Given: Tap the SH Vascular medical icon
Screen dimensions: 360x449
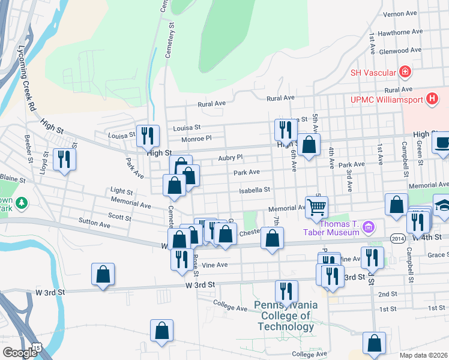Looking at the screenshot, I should click(406, 73).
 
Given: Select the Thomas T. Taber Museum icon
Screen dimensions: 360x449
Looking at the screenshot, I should click(369, 227).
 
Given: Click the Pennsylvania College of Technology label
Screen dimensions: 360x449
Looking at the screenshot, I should click(286, 316).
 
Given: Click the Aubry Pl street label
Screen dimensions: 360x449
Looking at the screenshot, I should click(230, 157).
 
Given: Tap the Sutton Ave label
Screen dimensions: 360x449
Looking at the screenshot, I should click(94, 224).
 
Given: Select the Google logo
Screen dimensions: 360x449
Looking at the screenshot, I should click(20, 353).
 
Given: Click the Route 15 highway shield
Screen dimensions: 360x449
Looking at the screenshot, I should click(38, 348).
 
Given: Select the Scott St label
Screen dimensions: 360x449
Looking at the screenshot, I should click(119, 217).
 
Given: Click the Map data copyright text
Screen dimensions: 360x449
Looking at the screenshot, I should click(423, 355).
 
